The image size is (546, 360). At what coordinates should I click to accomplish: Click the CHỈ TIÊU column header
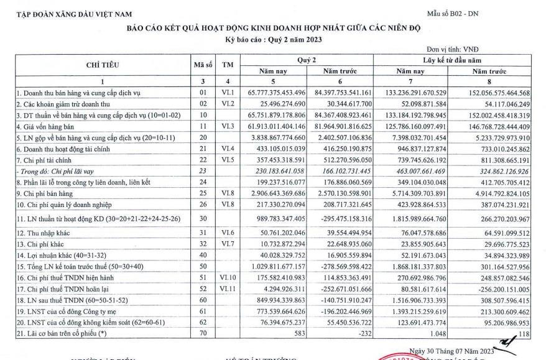[103, 65]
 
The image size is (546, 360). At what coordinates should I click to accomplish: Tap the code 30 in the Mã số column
[202, 219]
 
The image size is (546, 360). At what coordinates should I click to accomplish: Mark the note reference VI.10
[228, 279]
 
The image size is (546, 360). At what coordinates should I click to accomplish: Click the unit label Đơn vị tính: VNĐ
[453, 49]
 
